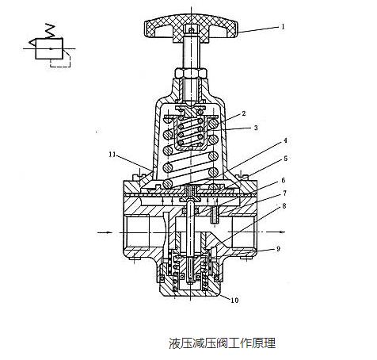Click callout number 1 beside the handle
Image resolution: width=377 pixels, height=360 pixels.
pyautogui.click(x=283, y=26)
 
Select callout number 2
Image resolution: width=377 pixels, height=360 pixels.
pyautogui.click(x=244, y=113)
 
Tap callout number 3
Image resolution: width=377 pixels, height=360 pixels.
pyautogui.click(x=256, y=128)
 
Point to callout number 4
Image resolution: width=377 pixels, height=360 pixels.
pyautogui.click(x=285, y=140)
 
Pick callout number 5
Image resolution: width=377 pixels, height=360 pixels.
pyautogui.click(x=285, y=159)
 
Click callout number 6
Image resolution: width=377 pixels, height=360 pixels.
pyautogui.click(x=284, y=180)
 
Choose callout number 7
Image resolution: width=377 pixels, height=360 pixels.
pyautogui.click(x=284, y=193)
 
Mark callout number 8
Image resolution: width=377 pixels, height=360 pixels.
pyautogui.click(x=284, y=205)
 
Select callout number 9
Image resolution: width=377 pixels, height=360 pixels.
pyautogui.click(x=278, y=249)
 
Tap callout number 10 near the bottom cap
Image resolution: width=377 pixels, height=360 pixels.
pyautogui.click(x=234, y=300)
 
